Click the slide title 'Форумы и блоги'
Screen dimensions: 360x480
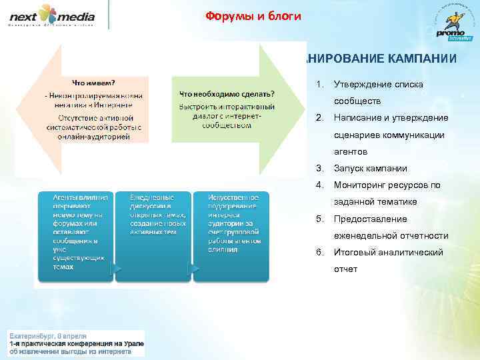point(253,16)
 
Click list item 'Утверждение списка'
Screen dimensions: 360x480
point(378,85)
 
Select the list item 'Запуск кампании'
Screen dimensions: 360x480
point(371,169)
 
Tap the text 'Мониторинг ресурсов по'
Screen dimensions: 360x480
point(387,185)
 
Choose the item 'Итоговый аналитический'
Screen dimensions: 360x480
point(389,253)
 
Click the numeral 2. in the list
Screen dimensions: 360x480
point(320,118)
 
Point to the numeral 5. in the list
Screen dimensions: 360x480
point(320,219)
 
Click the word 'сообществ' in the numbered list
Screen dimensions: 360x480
point(357,101)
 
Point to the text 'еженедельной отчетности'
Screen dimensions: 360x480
point(391,236)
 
